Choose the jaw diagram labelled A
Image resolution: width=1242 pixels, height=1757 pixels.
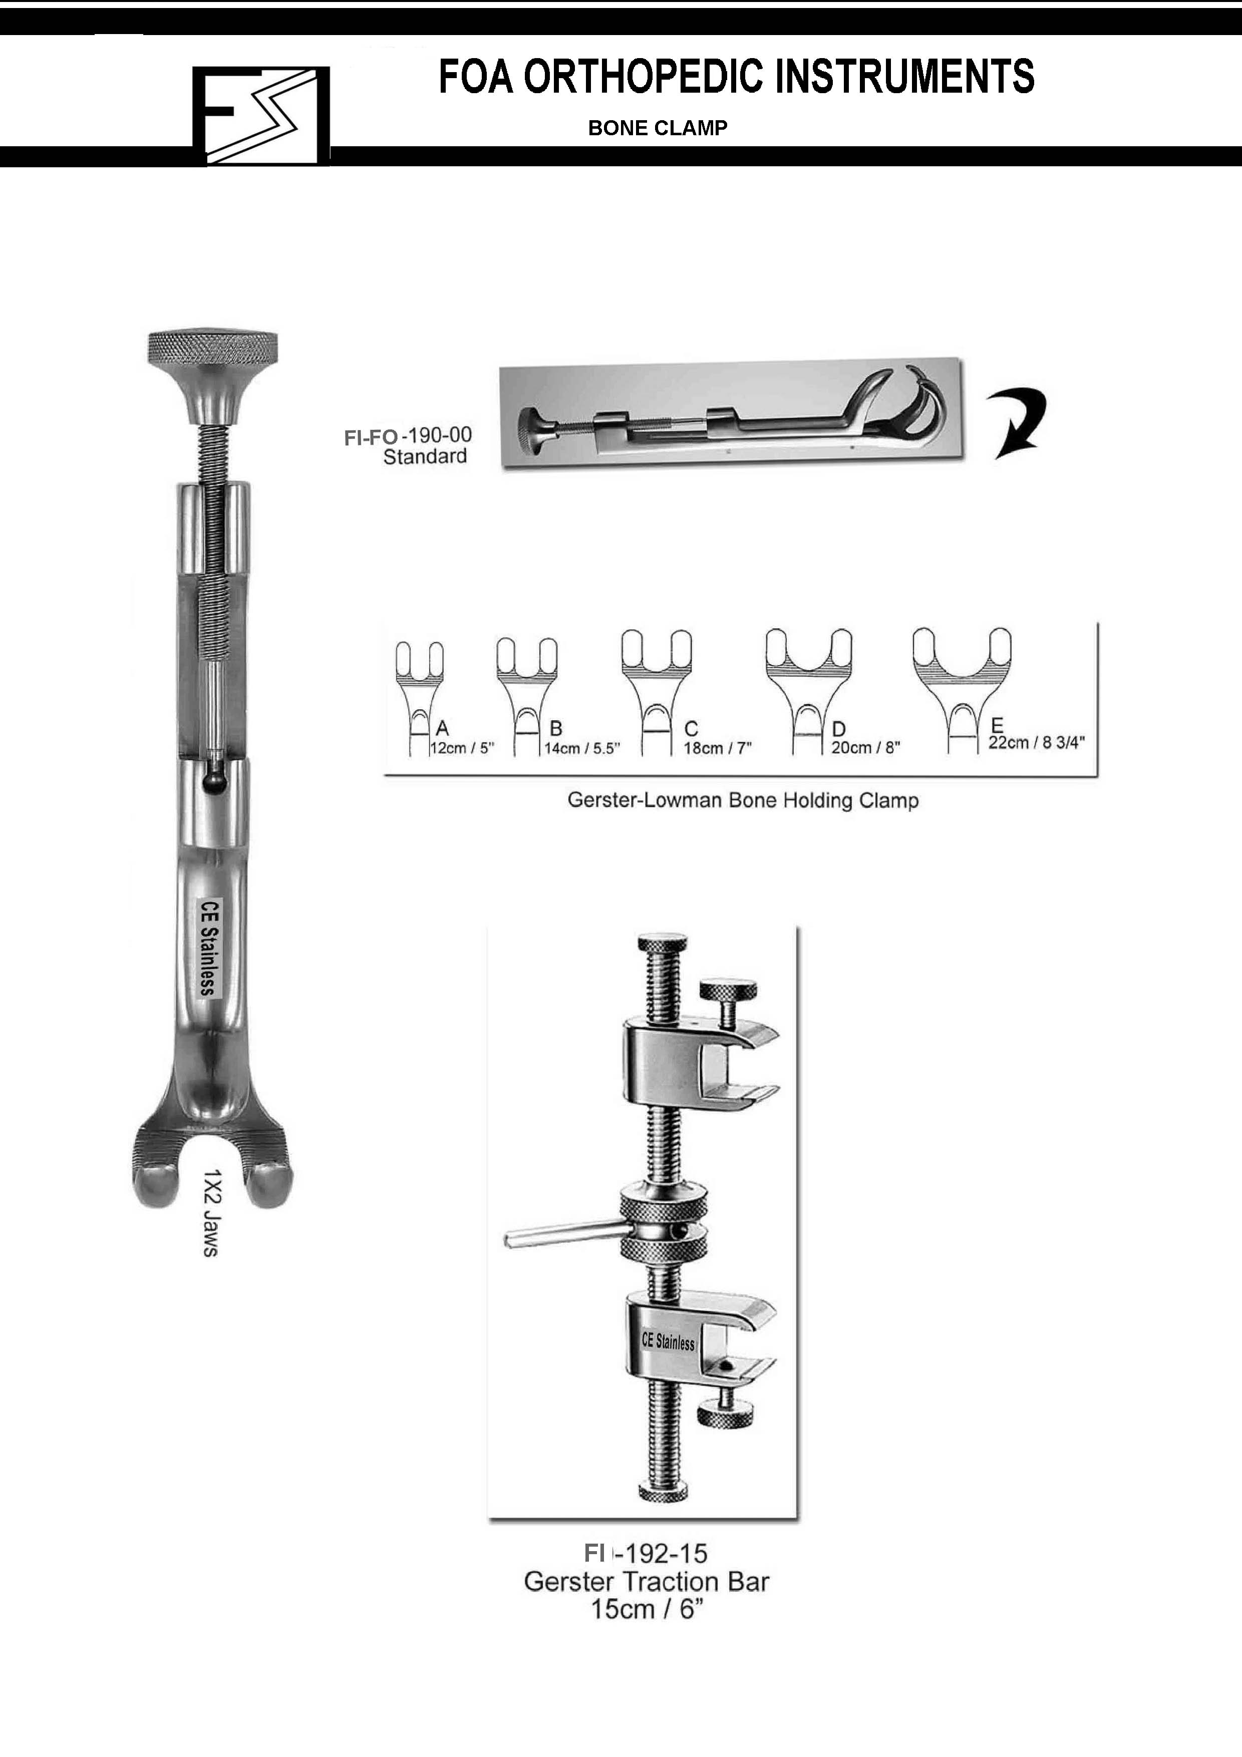pos(419,698)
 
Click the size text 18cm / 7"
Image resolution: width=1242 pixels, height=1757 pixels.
pos(718,748)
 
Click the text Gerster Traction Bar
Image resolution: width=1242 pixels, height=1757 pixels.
pos(647,1581)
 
